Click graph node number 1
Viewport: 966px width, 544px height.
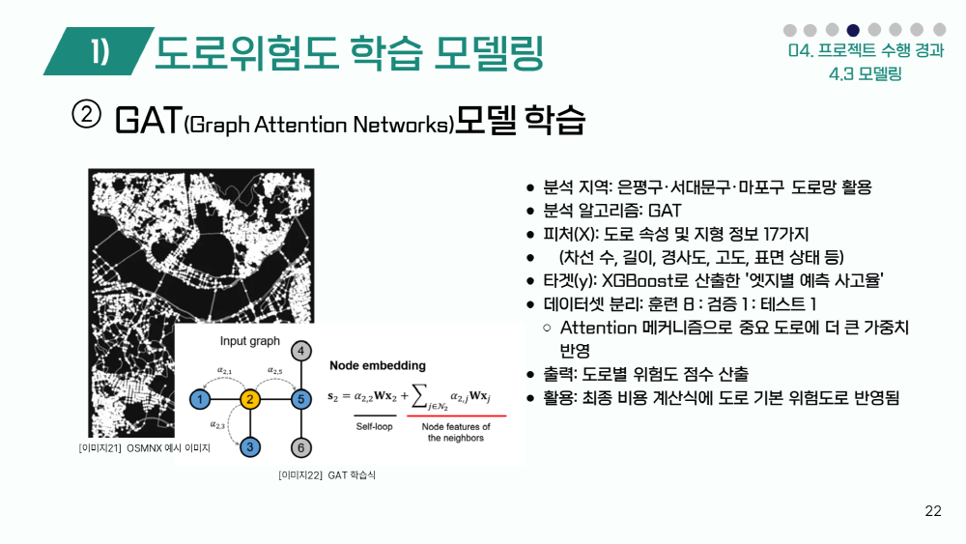pos(200,399)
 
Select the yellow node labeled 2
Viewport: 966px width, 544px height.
pos(250,399)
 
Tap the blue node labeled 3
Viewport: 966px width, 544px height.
pos(250,447)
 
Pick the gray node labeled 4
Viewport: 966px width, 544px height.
pos(300,351)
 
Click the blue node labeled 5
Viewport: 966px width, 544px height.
pos(300,399)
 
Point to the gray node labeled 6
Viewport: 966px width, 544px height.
pos(300,448)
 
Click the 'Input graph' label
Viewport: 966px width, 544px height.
pos(249,341)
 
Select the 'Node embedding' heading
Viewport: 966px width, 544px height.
pos(378,365)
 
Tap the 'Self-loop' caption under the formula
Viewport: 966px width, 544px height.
pos(374,426)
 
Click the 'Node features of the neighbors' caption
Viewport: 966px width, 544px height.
pos(456,432)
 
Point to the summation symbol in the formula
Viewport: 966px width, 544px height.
pos(419,395)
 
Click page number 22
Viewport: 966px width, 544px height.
pos(933,511)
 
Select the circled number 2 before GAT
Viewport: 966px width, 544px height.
pos(86,115)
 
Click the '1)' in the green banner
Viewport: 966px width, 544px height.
pos(99,51)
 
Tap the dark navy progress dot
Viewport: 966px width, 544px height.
pos(853,30)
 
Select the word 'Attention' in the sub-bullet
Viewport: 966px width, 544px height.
pos(598,328)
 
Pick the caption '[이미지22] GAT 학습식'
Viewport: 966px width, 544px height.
pos(327,475)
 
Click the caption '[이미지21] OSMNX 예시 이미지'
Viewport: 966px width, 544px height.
pos(144,448)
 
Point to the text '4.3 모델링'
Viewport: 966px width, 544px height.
pos(866,74)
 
